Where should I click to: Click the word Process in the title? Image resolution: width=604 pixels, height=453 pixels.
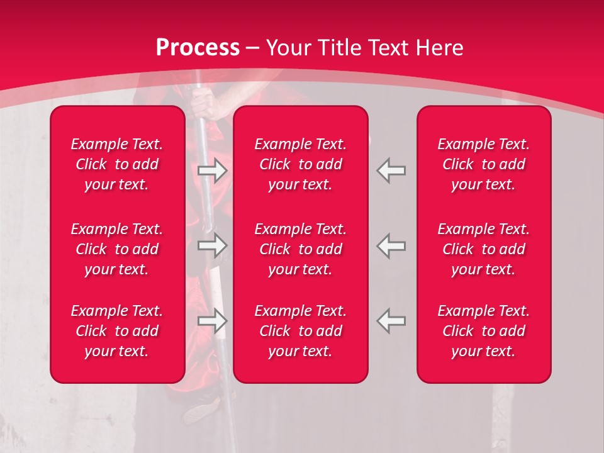[198, 47]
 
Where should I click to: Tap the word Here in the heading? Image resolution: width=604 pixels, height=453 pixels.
[440, 47]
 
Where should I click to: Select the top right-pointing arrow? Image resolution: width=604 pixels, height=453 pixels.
[212, 171]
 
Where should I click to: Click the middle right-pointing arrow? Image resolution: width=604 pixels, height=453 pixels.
[212, 246]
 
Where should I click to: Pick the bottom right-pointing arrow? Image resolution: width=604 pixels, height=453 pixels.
[212, 321]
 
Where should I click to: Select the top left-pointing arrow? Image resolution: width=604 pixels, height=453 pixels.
[391, 171]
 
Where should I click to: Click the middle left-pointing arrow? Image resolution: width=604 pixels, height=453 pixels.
[391, 246]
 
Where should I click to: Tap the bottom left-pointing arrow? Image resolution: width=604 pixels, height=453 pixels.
[391, 321]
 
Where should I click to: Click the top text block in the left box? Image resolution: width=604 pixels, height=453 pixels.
[117, 164]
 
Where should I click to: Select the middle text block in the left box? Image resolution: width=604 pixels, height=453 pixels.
[117, 249]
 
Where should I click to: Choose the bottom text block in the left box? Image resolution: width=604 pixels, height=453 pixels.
[117, 331]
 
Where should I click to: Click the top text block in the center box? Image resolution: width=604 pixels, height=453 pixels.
[300, 164]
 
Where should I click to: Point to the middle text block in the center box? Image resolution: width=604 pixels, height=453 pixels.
[300, 249]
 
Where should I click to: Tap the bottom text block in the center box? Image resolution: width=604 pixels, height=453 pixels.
[300, 331]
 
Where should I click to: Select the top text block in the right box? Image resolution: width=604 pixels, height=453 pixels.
[483, 164]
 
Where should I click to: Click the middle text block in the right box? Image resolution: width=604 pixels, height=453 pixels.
[483, 249]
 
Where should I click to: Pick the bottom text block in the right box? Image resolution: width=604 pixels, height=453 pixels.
[483, 331]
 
